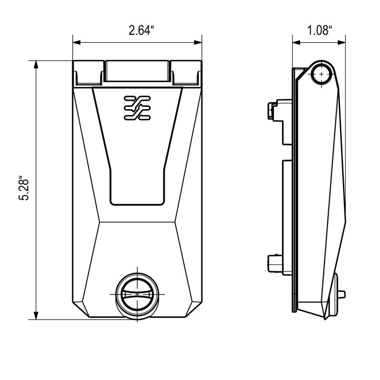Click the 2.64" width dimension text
(x=142, y=31)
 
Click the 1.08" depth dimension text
(x=319, y=31)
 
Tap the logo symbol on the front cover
(x=137, y=108)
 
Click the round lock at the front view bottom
(x=137, y=294)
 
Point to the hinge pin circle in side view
(x=323, y=75)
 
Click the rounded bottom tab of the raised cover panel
(x=137, y=197)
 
